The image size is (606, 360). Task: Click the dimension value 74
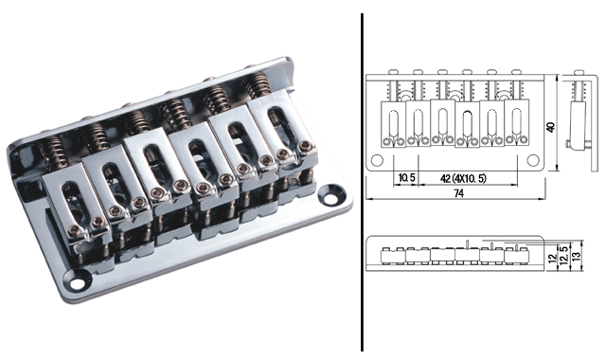point(458,193)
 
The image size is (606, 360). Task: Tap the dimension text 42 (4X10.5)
point(463,178)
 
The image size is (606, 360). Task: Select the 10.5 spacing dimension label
point(406,178)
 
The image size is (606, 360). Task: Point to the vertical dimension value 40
point(551,127)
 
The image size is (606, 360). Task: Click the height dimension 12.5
point(564,256)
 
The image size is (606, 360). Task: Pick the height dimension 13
point(576,257)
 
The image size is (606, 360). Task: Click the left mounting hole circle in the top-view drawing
point(377,160)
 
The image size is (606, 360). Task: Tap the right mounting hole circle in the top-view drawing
point(533,160)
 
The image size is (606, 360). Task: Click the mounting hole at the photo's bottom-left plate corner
point(78,283)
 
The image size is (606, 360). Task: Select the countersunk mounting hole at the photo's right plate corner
point(330,198)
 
